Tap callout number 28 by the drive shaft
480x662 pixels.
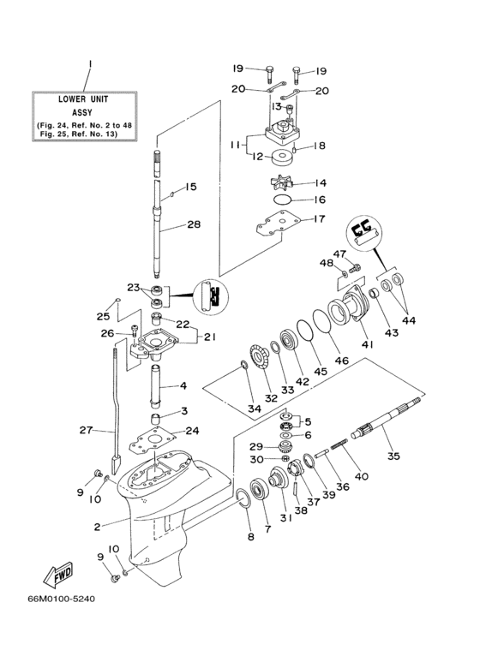[194, 225]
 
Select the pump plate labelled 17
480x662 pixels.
[275, 224]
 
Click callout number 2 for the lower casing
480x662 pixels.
[97, 526]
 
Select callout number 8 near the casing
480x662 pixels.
[250, 537]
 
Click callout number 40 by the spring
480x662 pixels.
[361, 476]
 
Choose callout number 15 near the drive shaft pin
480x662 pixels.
[191, 187]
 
